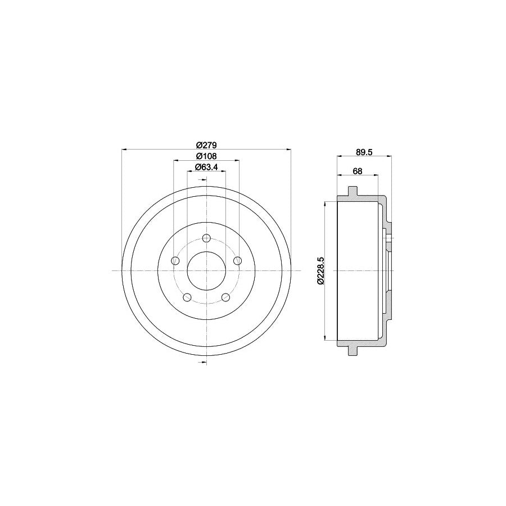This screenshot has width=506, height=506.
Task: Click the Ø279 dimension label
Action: [x=206, y=144]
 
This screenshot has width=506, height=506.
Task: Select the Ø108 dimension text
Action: [x=206, y=156]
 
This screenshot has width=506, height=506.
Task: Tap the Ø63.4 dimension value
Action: [x=206, y=166]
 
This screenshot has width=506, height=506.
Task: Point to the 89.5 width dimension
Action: [x=364, y=152]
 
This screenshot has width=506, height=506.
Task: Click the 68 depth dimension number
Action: [x=358, y=171]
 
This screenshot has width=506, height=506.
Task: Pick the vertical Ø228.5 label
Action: [x=321, y=271]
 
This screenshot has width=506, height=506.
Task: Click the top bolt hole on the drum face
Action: [x=206, y=238]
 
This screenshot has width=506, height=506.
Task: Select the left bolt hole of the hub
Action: [x=175, y=260]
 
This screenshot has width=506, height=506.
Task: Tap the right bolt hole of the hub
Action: [x=237, y=260]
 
